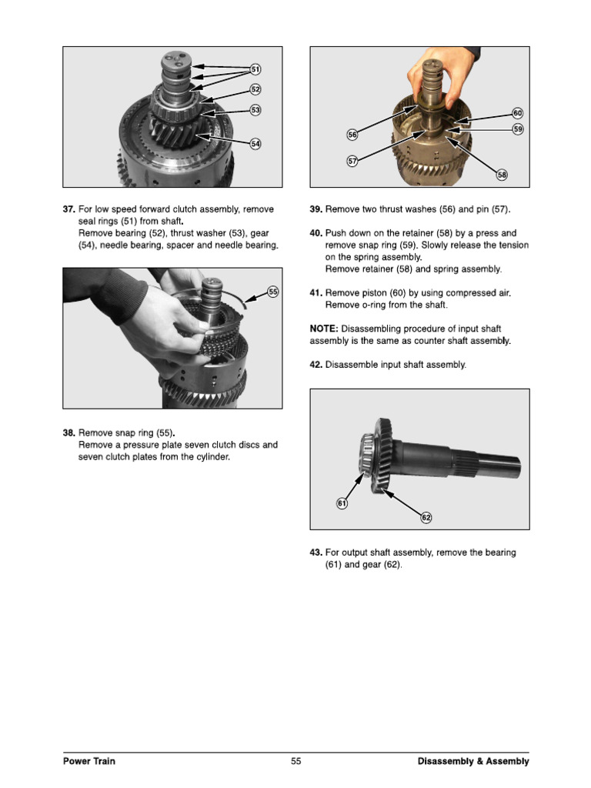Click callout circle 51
pos(255,70)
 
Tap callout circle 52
pos(255,90)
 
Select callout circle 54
pos(255,144)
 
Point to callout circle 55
pos(273,291)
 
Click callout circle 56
pos(352,135)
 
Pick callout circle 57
pos(352,162)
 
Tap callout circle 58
pos(502,175)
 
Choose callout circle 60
pos(518,113)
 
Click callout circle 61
pos(342,503)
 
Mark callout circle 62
pos(426,518)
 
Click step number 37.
pos(69,209)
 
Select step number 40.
pos(316,233)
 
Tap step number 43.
pos(316,553)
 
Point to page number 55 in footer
pos(295,761)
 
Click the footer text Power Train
pos(89,761)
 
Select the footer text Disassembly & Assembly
pos(473,761)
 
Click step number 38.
pos(69,433)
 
